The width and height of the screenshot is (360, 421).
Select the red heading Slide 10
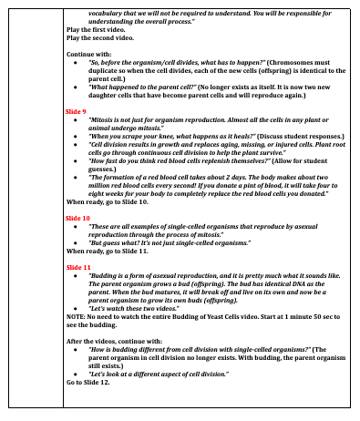(79, 219)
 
